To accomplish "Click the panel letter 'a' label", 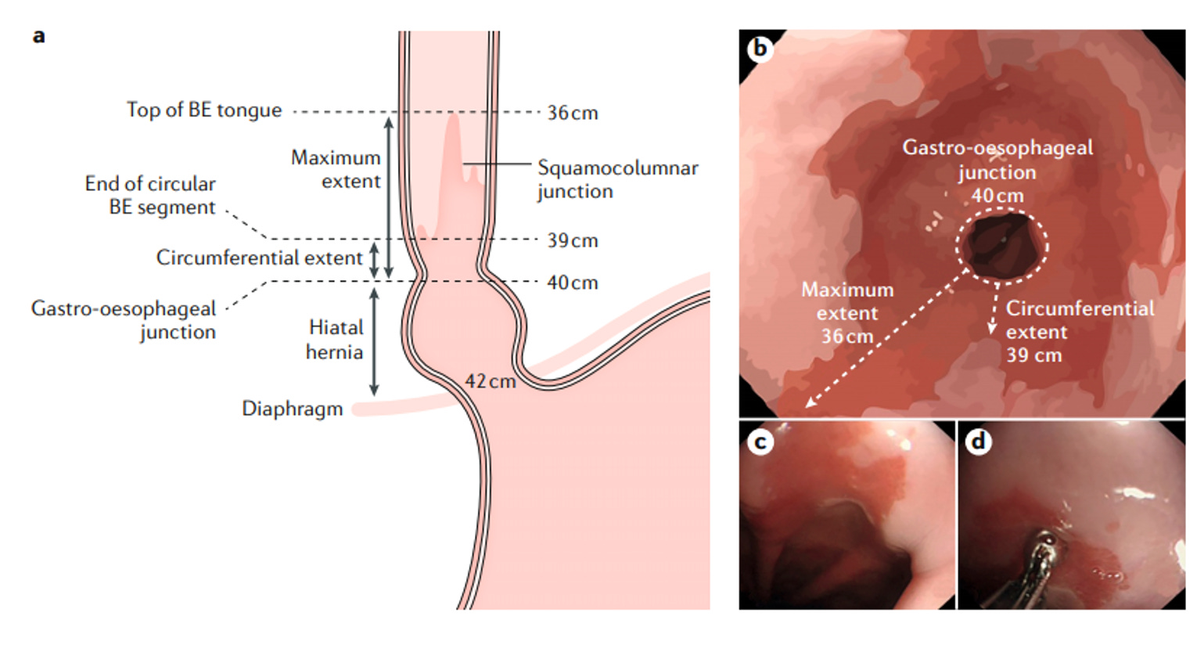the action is tap(38, 36).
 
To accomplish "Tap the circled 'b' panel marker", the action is tap(759, 49).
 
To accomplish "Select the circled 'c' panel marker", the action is tap(759, 442).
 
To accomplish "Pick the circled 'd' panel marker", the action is tap(978, 442).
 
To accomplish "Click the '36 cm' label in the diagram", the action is tap(572, 113).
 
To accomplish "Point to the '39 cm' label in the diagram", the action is tap(572, 240).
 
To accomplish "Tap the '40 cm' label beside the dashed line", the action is tap(572, 283).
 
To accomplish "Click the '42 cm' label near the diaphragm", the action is tap(490, 381).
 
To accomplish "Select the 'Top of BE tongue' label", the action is tap(204, 110).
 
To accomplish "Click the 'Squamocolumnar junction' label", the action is tap(616, 179).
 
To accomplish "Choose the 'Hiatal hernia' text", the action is tap(335, 340).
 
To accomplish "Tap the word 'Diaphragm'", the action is tap(292, 409).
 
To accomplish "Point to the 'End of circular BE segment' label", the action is tap(150, 195).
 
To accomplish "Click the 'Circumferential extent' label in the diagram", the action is tap(259, 258).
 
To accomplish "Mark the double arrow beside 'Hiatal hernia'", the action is tap(374, 341).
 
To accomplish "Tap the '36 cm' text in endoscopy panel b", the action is tap(847, 337).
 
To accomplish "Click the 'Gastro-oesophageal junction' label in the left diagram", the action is tap(124, 319).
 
